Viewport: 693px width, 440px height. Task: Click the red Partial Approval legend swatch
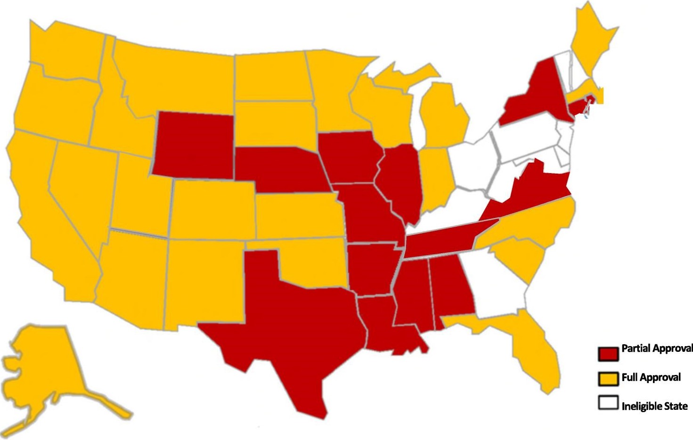point(608,353)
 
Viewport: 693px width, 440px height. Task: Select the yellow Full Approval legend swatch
point(608,379)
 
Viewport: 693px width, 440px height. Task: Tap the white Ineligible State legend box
point(608,403)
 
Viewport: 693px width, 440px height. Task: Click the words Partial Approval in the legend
point(657,349)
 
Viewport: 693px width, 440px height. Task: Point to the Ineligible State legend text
point(654,406)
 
